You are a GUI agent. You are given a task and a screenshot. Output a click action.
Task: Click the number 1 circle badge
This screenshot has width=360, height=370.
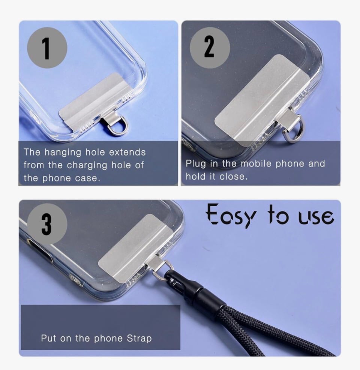click(47, 48)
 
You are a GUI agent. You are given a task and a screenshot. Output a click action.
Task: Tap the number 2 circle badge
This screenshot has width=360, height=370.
click(210, 48)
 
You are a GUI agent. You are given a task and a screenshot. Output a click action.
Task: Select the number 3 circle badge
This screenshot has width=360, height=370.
click(47, 224)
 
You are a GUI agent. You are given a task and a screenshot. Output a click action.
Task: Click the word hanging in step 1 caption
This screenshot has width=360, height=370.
click(63, 153)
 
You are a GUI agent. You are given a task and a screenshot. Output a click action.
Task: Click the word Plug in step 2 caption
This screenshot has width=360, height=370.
click(196, 164)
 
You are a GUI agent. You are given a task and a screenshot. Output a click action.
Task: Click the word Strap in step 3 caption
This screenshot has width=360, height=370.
click(139, 339)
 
